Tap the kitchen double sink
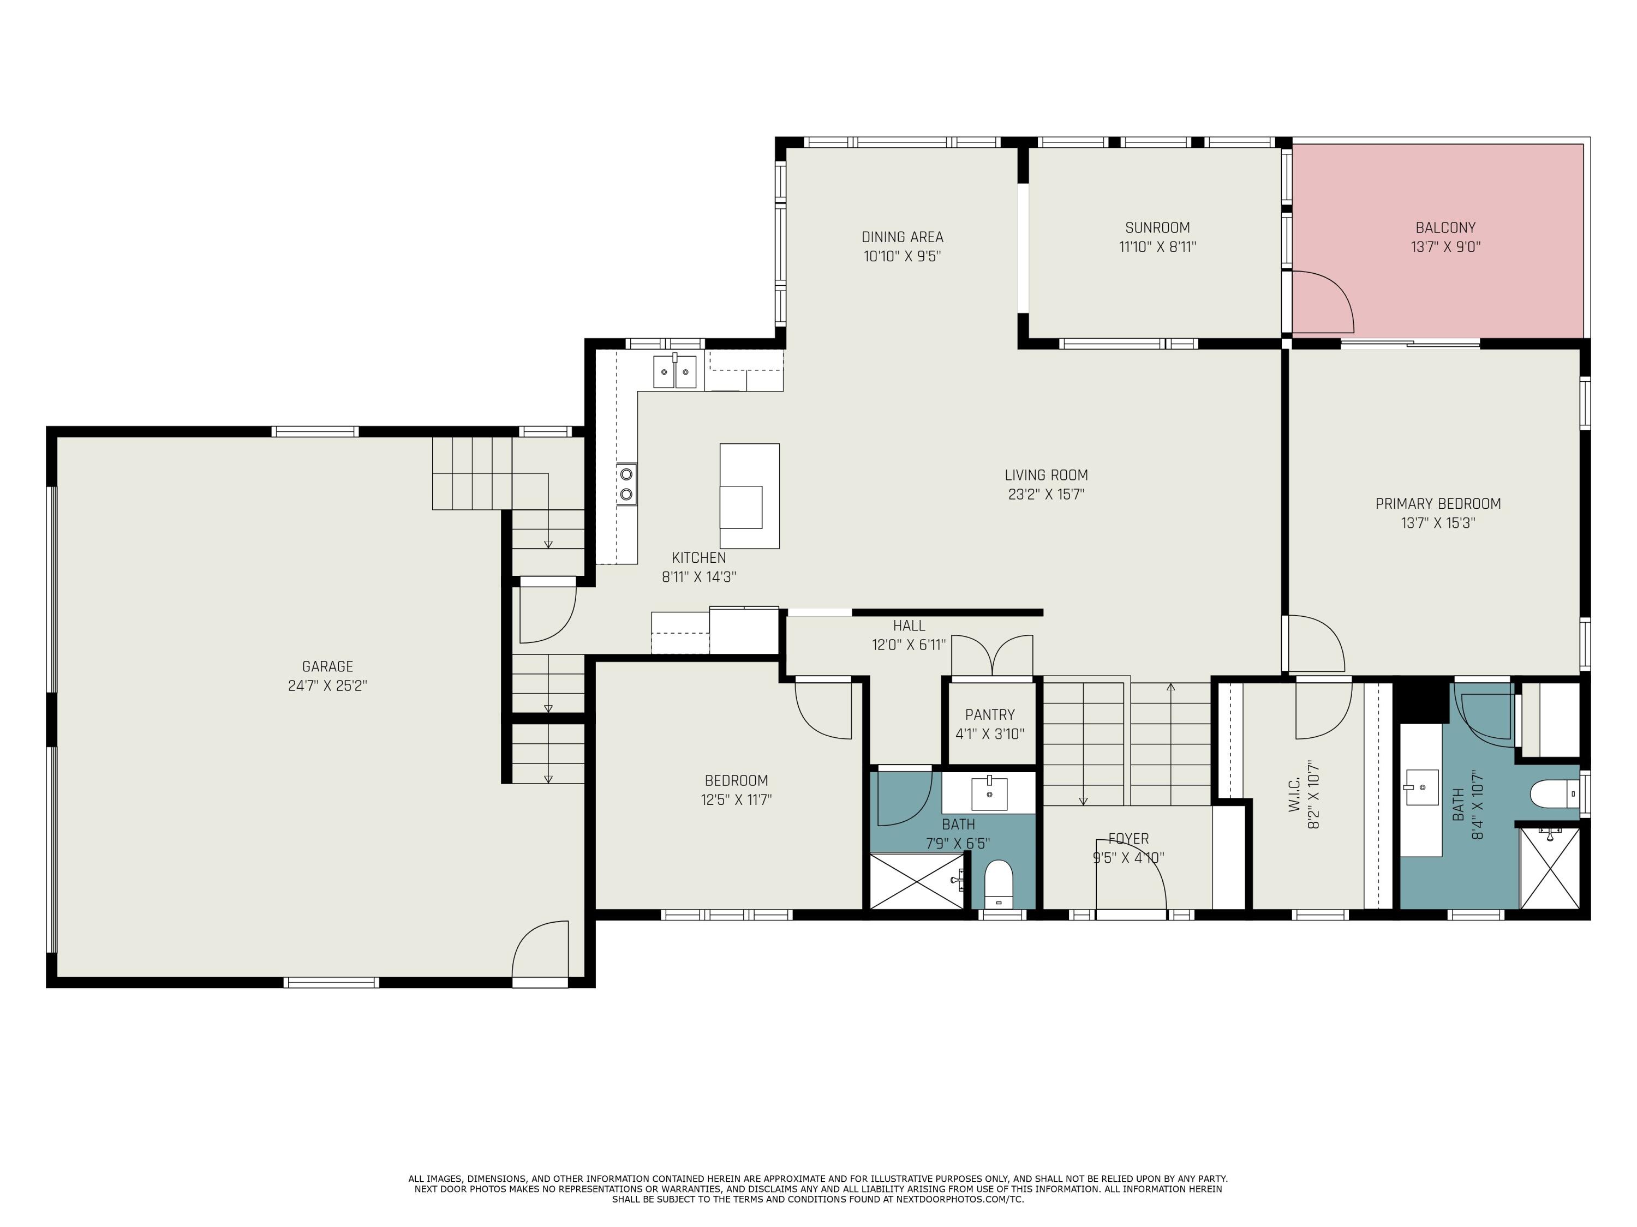pos(674,371)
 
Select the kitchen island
pos(750,496)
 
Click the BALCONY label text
pos(1445,228)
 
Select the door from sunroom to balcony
pos(1322,302)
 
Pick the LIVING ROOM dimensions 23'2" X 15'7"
pos(1047,495)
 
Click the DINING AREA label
pos(902,237)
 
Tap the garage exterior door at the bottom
pos(540,954)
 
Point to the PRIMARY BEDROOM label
pos(1438,504)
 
